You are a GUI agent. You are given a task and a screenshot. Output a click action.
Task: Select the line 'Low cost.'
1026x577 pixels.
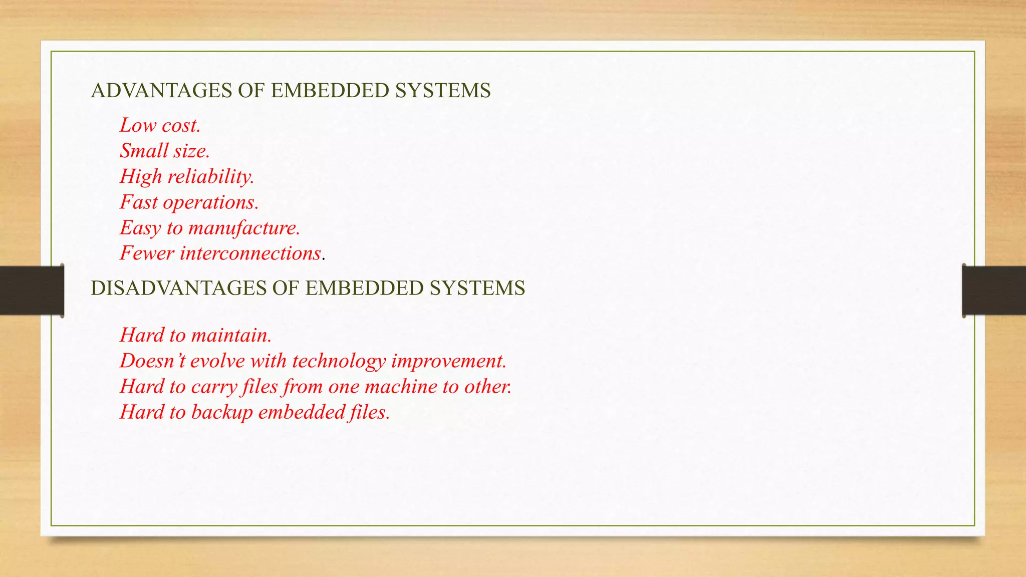coord(160,125)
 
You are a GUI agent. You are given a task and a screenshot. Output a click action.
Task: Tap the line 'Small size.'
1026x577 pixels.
coord(164,151)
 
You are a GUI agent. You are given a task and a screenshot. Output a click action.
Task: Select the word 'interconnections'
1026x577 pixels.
coord(250,253)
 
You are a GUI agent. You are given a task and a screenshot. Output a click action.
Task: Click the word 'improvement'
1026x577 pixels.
coord(448,361)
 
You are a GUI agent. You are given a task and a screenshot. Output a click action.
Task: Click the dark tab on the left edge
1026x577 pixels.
coord(32,291)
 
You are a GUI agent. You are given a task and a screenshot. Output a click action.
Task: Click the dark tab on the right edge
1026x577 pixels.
coord(994,291)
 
